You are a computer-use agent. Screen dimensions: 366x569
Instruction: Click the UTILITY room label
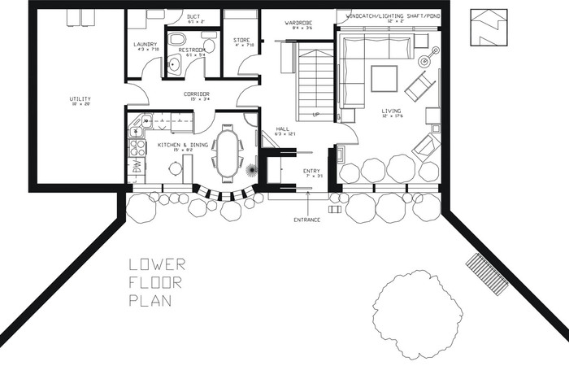tap(80, 99)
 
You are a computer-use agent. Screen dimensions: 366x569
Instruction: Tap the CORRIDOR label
tap(196, 94)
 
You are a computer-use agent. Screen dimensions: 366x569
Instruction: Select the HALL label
tap(282, 128)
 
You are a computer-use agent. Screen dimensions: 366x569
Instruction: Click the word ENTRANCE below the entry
tap(307, 220)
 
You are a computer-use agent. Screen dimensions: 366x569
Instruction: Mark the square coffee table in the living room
tap(384, 79)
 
